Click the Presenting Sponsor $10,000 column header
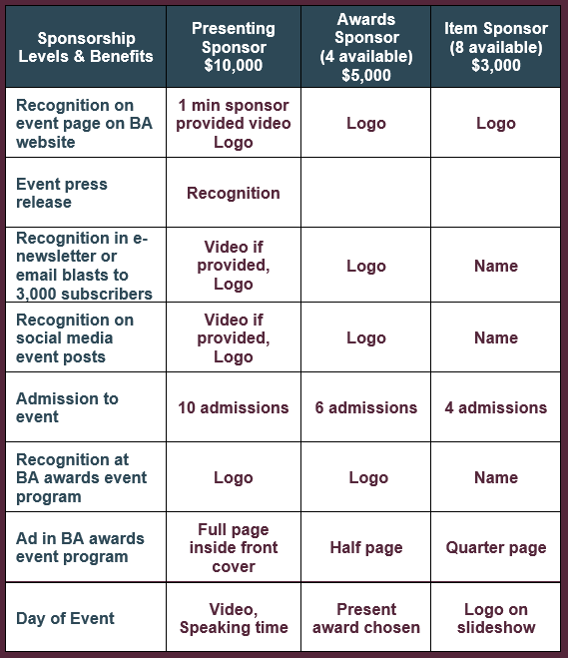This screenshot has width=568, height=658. pyautogui.click(x=234, y=47)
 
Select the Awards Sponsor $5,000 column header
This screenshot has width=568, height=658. pyautogui.click(x=366, y=47)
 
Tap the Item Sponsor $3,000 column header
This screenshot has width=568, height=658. pyautogui.click(x=496, y=47)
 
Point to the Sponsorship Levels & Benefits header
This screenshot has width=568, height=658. pyautogui.click(x=86, y=47)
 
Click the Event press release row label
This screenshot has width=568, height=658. pyautogui.click(x=62, y=193)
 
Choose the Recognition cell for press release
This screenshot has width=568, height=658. pyautogui.click(x=234, y=193)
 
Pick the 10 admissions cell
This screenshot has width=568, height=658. pyautogui.click(x=234, y=407)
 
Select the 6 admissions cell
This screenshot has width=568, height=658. pyautogui.click(x=366, y=407)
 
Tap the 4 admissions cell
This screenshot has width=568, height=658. pyautogui.click(x=496, y=407)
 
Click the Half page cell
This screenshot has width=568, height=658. pyautogui.click(x=366, y=547)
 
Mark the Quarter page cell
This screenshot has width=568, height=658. pyautogui.click(x=496, y=547)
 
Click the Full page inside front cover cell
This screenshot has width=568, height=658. pyautogui.click(x=234, y=547)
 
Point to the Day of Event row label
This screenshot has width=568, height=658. pyautogui.click(x=65, y=618)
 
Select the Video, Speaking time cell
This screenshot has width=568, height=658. pyautogui.click(x=234, y=618)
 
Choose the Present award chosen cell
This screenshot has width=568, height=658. pyautogui.click(x=366, y=618)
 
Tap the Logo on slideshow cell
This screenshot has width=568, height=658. pyautogui.click(x=496, y=618)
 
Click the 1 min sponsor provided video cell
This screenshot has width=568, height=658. pyautogui.click(x=234, y=124)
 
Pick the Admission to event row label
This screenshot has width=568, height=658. pyautogui.click(x=67, y=407)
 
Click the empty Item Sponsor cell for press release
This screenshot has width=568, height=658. pyautogui.click(x=496, y=193)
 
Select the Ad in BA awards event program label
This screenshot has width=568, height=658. pyautogui.click(x=80, y=547)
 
